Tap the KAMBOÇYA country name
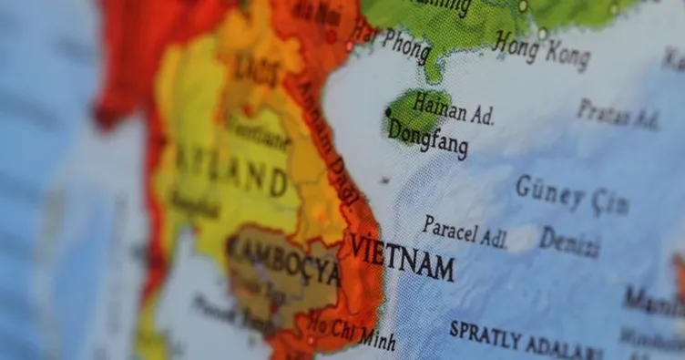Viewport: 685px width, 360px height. tap(283, 260)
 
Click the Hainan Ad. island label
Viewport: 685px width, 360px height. tap(454, 108)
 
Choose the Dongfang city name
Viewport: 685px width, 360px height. tap(427, 138)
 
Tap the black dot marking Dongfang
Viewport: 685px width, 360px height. tap(388, 112)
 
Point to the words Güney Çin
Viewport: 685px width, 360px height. tap(571, 195)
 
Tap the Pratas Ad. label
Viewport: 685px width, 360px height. tap(617, 114)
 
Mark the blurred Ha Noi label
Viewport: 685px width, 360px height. tap(318, 13)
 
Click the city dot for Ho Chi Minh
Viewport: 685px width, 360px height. tap(310, 340)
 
